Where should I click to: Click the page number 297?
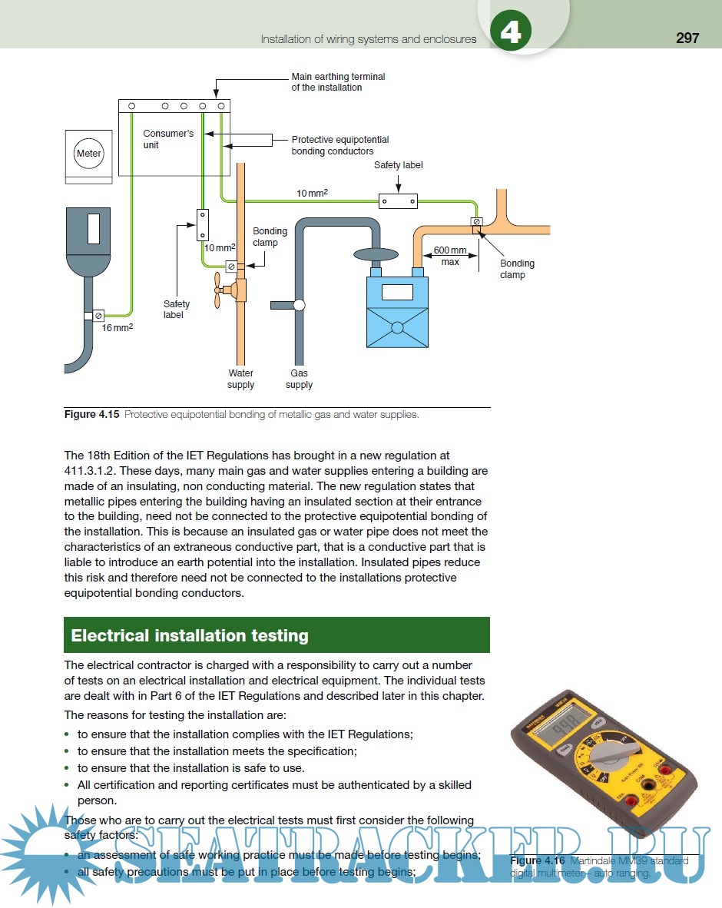point(687,38)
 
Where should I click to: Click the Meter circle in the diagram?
point(88,153)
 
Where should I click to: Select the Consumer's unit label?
point(168,139)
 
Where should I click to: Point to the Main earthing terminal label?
point(338,82)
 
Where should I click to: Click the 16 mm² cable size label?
point(118,327)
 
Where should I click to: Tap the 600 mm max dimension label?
point(450,256)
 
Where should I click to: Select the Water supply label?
point(240,379)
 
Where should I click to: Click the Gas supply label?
point(299,379)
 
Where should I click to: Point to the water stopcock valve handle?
point(220,290)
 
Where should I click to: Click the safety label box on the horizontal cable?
point(398,201)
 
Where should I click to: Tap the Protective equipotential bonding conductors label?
point(339,145)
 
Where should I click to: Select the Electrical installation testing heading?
point(190,635)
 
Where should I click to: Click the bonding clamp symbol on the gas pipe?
point(477,222)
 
